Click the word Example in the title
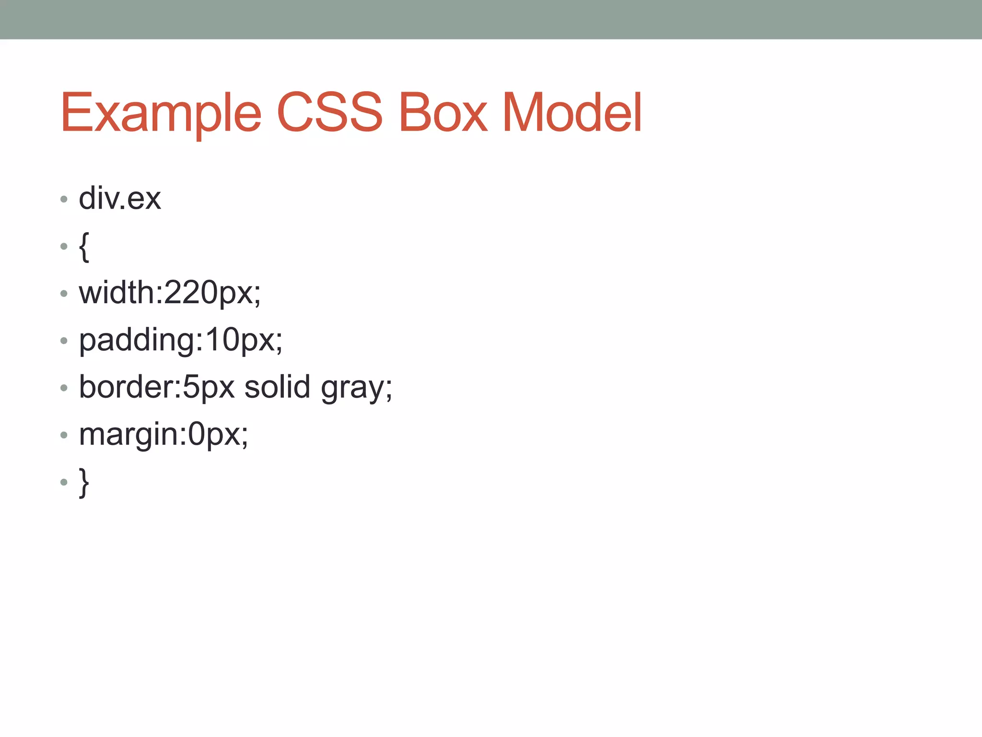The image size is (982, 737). click(x=161, y=113)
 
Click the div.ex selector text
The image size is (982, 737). click(x=120, y=198)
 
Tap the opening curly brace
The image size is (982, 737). click(x=84, y=247)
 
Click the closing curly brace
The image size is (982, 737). click(x=84, y=482)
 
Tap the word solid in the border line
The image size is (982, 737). click(x=277, y=387)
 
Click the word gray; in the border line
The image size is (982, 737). click(x=356, y=388)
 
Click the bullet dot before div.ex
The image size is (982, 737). click(x=64, y=199)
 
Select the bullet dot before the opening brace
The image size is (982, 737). click(x=64, y=247)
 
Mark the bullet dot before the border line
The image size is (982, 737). click(x=64, y=388)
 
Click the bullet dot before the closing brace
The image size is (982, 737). click(x=64, y=482)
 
